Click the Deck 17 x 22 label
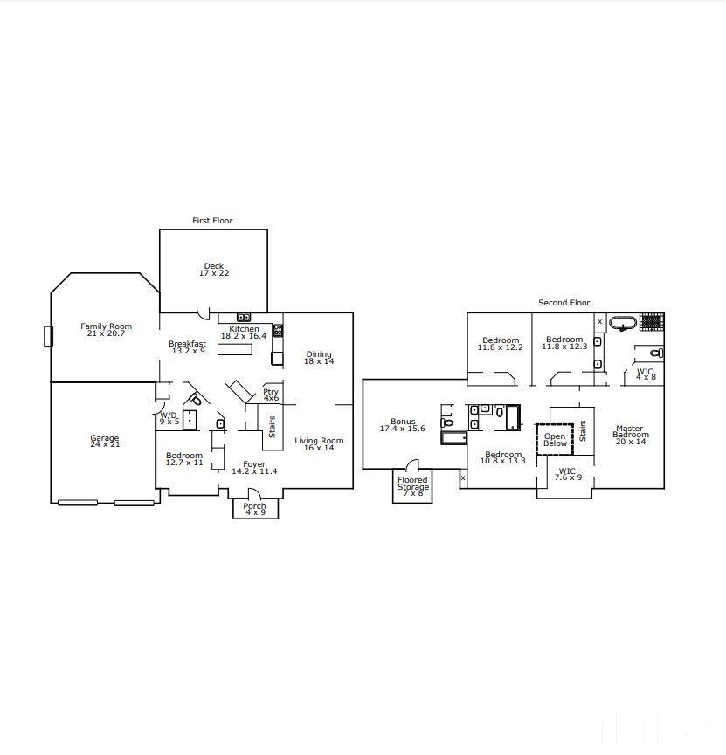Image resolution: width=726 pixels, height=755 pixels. pos(214,270)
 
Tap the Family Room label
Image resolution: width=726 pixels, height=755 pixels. pos(106,330)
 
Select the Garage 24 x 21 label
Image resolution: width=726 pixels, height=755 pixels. pos(105,441)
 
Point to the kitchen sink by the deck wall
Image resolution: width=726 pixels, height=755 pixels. pos(244,317)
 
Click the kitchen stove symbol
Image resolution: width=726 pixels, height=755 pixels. pos(278,331)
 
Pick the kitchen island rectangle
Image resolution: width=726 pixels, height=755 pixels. pos(234,349)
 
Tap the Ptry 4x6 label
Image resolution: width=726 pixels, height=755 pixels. pos(271,395)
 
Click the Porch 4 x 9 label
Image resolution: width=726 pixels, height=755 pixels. pos(254,510)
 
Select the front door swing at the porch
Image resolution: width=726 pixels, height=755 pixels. pos(254,494)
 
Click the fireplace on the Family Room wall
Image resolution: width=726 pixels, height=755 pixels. pos(48,336)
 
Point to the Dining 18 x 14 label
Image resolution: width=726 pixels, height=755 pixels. pos(319,358)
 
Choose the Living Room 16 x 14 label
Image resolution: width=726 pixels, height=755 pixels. pos(319,444)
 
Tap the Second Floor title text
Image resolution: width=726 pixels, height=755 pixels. pos(564,303)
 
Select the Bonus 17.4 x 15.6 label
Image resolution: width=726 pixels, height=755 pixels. pos(402,425)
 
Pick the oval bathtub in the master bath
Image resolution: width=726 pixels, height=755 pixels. pos(622,324)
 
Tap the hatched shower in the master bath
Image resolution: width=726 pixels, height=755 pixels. pos(651,321)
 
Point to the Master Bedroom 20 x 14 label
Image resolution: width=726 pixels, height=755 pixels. pos(630,435)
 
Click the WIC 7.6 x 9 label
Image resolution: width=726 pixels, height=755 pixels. pos(569,474)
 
